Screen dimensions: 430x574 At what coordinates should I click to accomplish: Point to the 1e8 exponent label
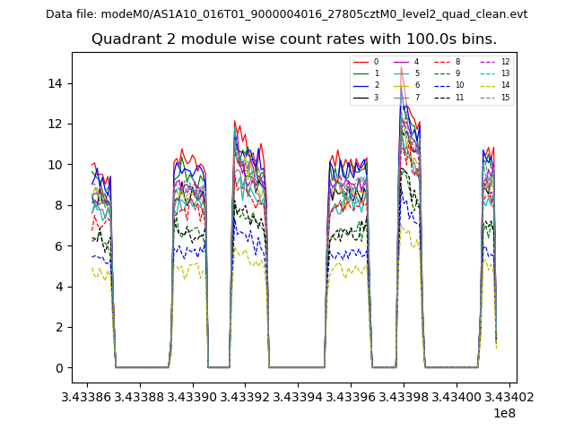coord(503,413)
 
